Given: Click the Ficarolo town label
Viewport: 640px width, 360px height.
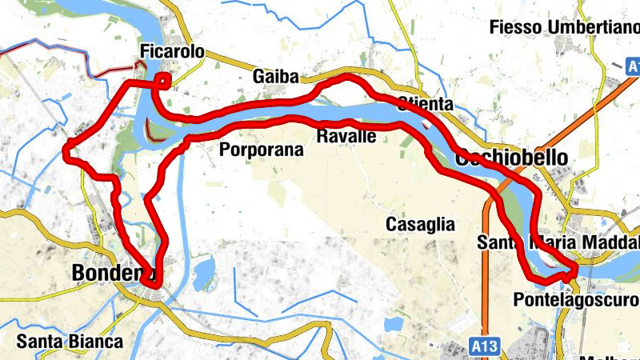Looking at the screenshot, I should (x=171, y=53).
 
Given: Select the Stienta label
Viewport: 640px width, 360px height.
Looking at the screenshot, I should (x=425, y=104).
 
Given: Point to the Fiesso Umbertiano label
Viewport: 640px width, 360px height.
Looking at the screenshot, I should (x=564, y=28).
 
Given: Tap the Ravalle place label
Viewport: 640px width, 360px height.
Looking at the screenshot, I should (x=346, y=136).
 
